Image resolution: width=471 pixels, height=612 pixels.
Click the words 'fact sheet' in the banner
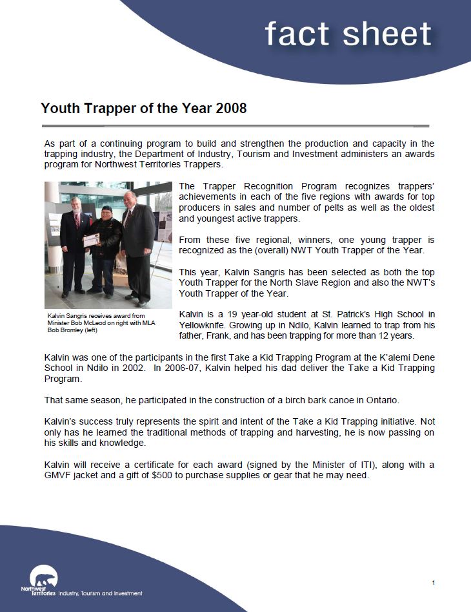pos(348,34)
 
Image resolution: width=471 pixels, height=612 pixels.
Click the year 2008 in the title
pos(231,108)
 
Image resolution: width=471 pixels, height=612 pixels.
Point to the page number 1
pos(434,583)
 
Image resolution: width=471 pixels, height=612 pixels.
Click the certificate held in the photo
pos(92,240)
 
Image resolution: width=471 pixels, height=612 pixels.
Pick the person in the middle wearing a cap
pos(105,249)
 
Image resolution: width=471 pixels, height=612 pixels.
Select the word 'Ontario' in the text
pos(349,399)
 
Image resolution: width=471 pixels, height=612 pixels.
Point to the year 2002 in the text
pos(139,367)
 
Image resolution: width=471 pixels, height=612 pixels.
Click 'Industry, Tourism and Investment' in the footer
pos(101,593)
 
